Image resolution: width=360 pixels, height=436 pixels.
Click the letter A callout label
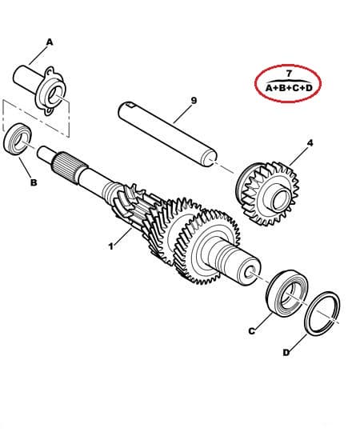(x=50, y=42)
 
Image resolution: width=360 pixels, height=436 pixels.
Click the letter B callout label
(x=34, y=182)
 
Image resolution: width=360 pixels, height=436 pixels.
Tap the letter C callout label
(x=251, y=331)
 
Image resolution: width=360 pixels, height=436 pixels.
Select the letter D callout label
(x=286, y=353)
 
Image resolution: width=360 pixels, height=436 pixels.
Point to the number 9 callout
(x=194, y=100)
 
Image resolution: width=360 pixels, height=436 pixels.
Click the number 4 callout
(x=310, y=143)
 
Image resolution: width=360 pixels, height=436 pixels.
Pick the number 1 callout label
(x=111, y=246)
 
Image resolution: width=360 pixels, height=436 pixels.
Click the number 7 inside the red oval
(x=289, y=74)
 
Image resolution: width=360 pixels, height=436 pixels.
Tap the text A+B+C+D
(x=289, y=88)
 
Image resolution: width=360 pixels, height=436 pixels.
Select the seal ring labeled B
(x=18, y=138)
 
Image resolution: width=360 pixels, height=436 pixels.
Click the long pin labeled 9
(x=166, y=134)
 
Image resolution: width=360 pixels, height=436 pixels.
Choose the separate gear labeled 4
(x=267, y=194)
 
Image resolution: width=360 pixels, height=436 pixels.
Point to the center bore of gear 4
(x=279, y=200)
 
